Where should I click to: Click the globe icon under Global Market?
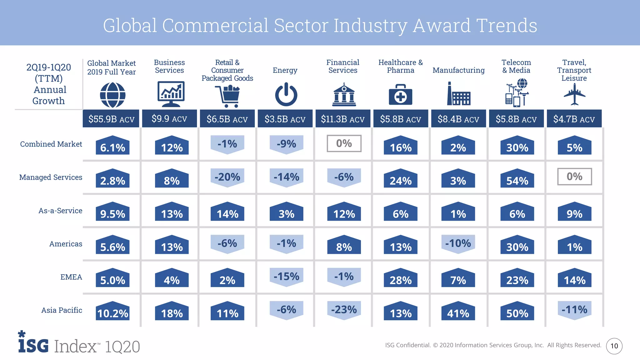click(x=112, y=95)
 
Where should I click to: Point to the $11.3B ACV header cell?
click(x=343, y=119)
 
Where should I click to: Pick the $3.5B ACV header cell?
click(x=285, y=119)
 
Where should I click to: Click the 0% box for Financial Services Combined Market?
click(x=344, y=143)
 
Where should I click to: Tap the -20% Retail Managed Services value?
click(x=227, y=177)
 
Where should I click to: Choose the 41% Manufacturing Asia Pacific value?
click(x=458, y=313)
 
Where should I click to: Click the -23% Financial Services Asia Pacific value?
click(x=344, y=310)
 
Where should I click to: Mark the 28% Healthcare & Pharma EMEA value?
click(x=401, y=280)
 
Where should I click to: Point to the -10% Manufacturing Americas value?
click(x=458, y=243)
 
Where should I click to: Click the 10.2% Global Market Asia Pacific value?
click(x=112, y=313)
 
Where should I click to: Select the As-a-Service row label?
click(x=60, y=211)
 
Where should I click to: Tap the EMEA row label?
click(x=71, y=277)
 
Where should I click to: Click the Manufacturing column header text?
click(x=458, y=70)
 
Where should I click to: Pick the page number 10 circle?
click(x=614, y=346)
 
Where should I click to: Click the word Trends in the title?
click(x=507, y=25)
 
